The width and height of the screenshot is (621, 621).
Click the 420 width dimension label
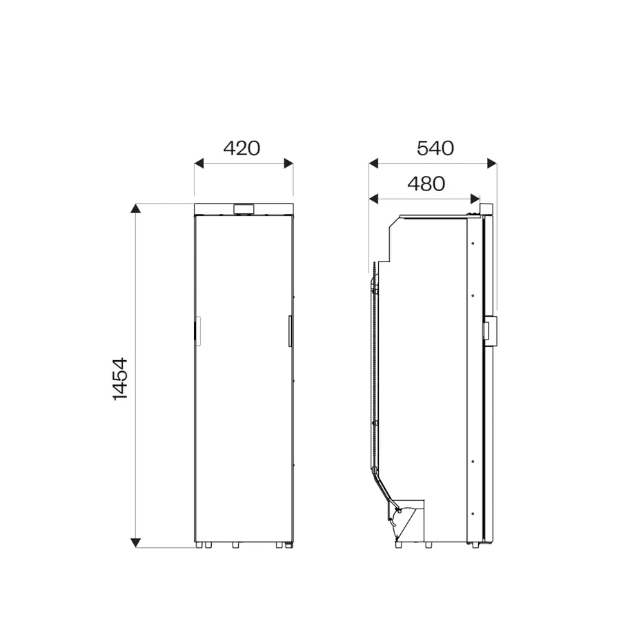click(241, 148)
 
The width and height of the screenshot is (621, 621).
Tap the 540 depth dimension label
click(435, 148)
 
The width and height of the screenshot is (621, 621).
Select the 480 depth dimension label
click(426, 184)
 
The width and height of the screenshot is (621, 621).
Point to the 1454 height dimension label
click(120, 379)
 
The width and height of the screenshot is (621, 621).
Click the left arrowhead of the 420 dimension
click(199, 163)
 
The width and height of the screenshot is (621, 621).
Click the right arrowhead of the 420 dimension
click(288, 163)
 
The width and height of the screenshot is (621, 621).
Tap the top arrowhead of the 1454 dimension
click(136, 208)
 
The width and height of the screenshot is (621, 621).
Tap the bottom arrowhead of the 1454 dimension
click(136, 542)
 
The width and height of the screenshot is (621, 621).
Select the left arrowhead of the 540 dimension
click(373, 163)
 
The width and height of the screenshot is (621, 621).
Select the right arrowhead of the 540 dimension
click(492, 163)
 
